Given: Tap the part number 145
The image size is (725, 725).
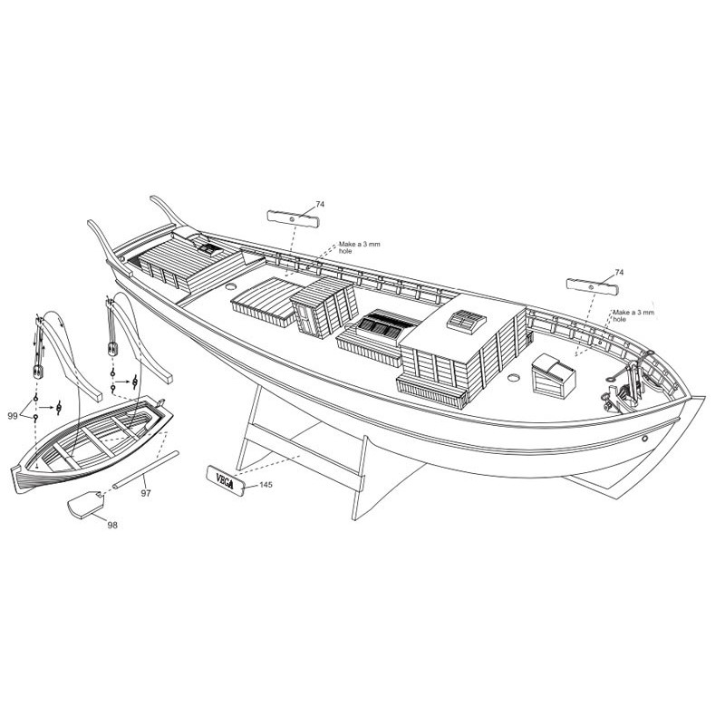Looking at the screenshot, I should pos(265,486).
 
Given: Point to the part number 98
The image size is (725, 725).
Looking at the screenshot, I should pos(112,524).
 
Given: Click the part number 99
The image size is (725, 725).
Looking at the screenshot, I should pos(13,415).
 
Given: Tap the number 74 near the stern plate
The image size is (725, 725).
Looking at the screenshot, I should pos(320,204).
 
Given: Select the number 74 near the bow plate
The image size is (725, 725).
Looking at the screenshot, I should pos(619,272).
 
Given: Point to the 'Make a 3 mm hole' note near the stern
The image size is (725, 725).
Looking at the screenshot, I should pos(351,247).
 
